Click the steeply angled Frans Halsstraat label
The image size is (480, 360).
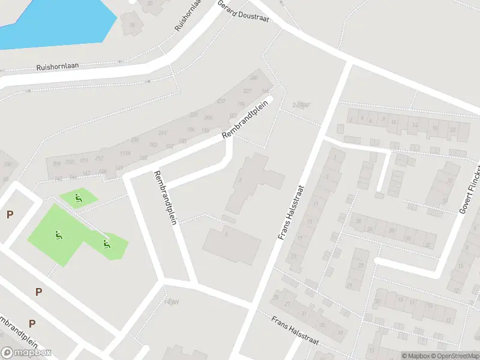[x=292, y=212]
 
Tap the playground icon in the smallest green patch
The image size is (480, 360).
[x=77, y=197]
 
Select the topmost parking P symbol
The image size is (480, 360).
[x=9, y=214]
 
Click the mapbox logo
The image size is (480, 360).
[x=26, y=353]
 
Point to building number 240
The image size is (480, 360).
[x=253, y=78]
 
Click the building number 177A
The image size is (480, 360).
[x=125, y=154]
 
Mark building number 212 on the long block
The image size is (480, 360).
[x=98, y=158]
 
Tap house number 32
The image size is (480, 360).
[x=427, y=245]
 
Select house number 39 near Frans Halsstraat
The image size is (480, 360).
[x=340, y=333]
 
